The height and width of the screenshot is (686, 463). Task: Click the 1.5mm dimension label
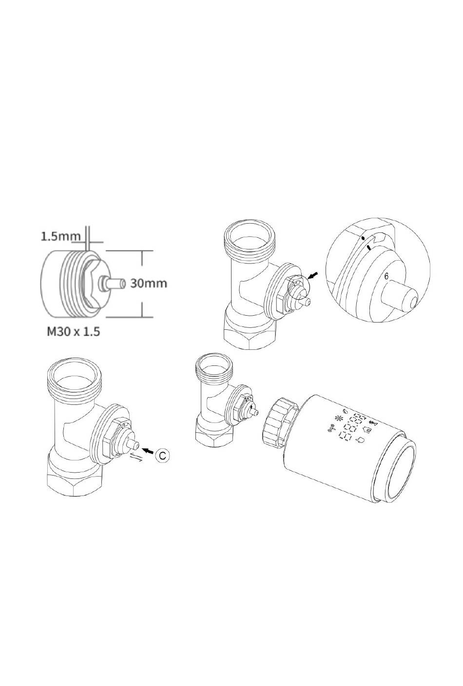point(60,236)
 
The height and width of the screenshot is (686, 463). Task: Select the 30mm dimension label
point(149,283)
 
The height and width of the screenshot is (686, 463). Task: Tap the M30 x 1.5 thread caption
point(74,332)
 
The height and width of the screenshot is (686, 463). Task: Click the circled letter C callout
point(162,456)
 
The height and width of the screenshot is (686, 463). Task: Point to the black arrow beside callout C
point(148,450)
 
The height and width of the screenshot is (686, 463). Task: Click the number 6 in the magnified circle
point(386,276)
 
